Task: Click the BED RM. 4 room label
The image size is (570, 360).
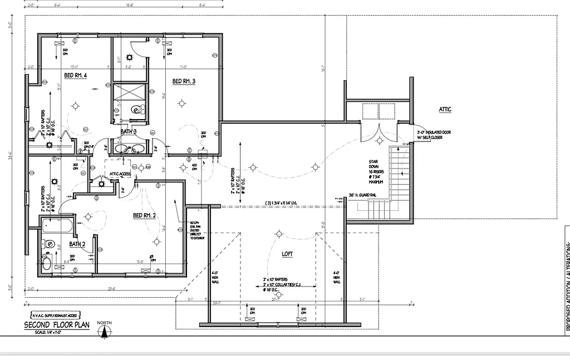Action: coord(75,76)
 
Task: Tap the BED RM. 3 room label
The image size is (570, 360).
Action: coord(184,81)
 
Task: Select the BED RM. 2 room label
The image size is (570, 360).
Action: coord(144,215)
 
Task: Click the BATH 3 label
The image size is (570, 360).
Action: coord(129,132)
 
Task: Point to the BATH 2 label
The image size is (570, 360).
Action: coord(77,244)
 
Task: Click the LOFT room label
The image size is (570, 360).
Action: coord(287,254)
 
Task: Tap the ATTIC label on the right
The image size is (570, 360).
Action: coord(445,110)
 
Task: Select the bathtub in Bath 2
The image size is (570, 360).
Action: coord(57,226)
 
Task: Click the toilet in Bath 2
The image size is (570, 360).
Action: coord(48,244)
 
